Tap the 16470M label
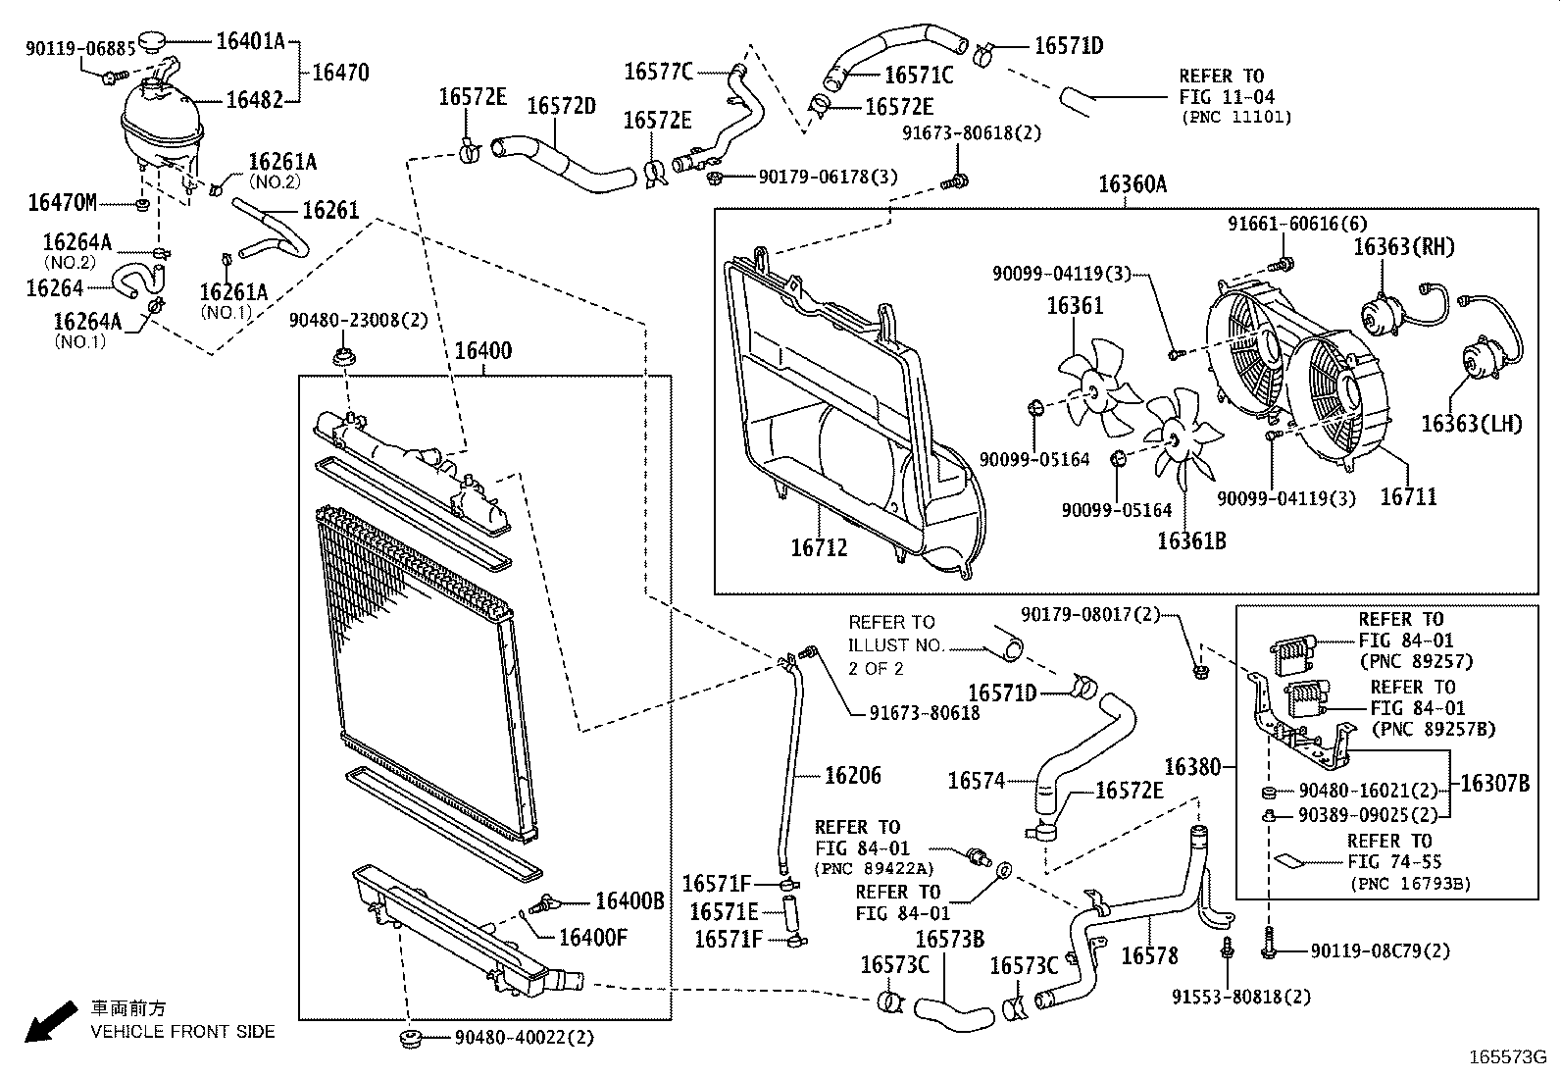coord(62,203)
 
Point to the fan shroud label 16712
coord(819,547)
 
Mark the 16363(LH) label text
coord(1472,424)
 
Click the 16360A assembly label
coord(1132,184)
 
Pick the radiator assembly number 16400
coord(482,351)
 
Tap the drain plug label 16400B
coord(629,901)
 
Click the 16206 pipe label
coord(852,776)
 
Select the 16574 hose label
coord(977,781)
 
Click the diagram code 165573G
coord(1507,1057)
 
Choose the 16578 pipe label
coord(1149,955)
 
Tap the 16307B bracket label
coord(1494,784)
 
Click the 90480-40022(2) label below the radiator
coord(524,1037)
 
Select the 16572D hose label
coord(561,106)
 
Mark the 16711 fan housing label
coord(1408,497)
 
